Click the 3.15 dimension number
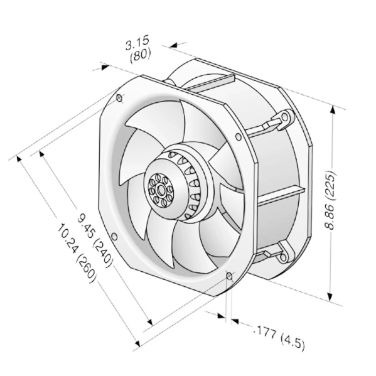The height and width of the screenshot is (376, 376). click(x=137, y=43)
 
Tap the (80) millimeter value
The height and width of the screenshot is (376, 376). click(x=140, y=56)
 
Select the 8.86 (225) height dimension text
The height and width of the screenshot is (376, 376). click(x=330, y=200)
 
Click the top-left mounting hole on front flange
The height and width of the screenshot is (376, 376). click(x=119, y=97)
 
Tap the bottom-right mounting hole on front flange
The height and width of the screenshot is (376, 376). click(x=229, y=276)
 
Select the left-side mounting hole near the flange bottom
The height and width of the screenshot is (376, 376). click(x=115, y=237)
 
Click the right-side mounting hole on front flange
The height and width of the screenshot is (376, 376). click(x=238, y=137)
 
